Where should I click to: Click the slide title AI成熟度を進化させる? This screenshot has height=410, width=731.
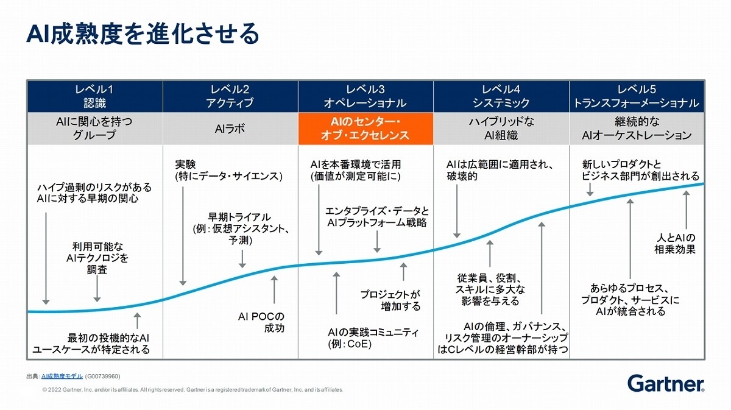pyautogui.click(x=143, y=34)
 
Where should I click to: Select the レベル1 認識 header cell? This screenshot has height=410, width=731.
pyautogui.click(x=94, y=96)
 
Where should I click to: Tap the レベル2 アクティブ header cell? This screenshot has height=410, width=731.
pyautogui.click(x=230, y=96)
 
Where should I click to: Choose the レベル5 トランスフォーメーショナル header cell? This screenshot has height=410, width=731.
pyautogui.click(x=637, y=96)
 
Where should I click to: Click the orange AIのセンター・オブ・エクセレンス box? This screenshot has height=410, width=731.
pyautogui.click(x=365, y=129)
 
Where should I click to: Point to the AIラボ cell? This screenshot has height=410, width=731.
pyautogui.click(x=230, y=129)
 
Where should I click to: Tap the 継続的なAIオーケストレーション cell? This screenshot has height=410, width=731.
pyautogui.click(x=637, y=129)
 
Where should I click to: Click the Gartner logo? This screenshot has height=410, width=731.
pyautogui.click(x=666, y=383)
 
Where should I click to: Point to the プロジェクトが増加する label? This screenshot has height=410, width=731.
pyautogui.click(x=390, y=300)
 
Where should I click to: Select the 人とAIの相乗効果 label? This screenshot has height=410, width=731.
pyautogui.click(x=675, y=243)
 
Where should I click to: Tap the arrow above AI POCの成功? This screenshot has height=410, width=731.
pyautogui.click(x=274, y=289)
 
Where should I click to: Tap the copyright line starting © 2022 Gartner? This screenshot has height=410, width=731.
pyautogui.click(x=192, y=389)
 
